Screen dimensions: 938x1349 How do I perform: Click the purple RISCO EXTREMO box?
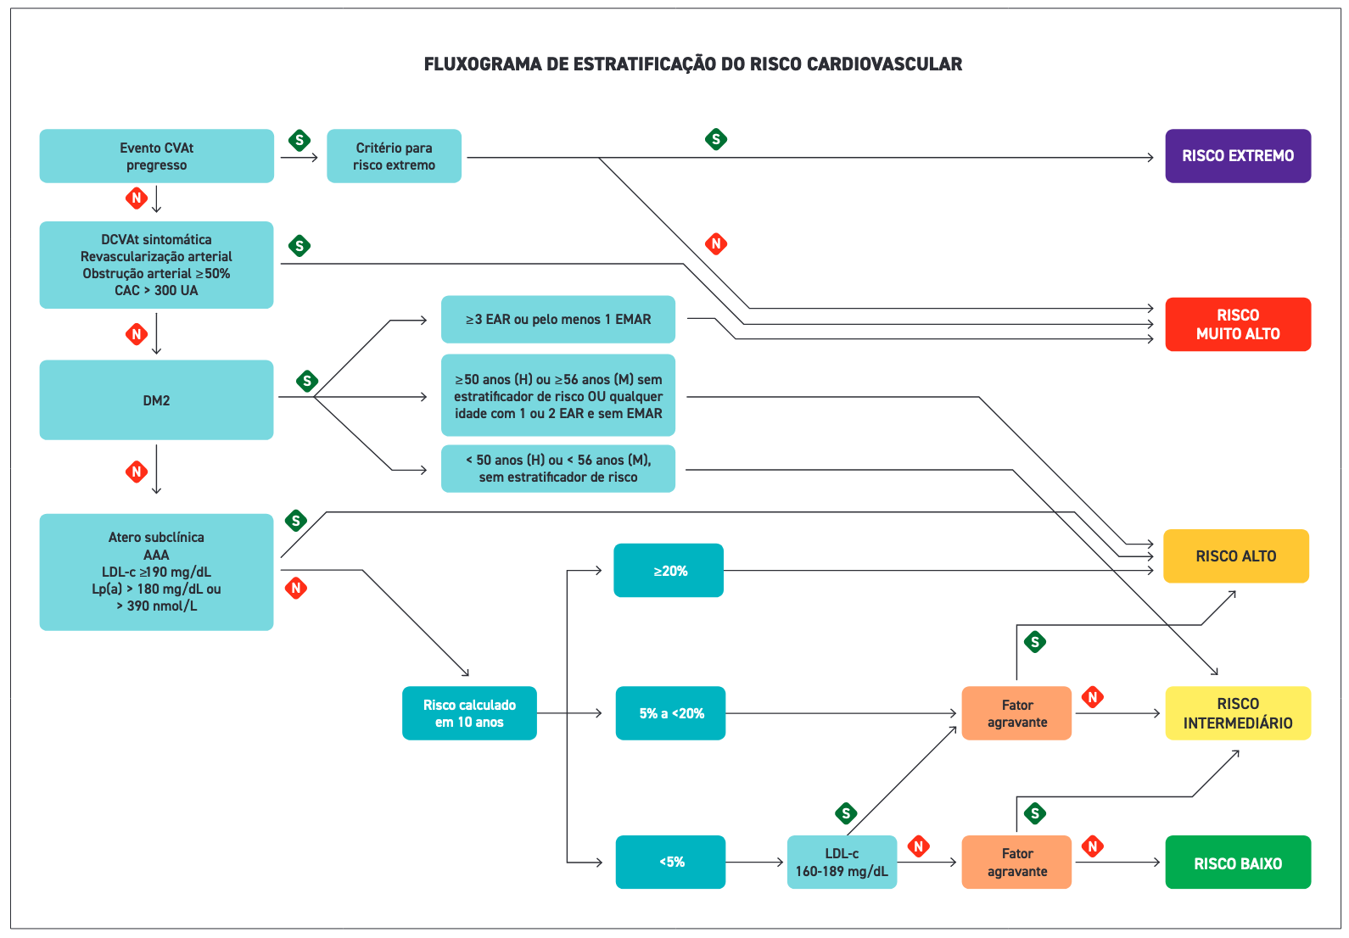(x=1238, y=156)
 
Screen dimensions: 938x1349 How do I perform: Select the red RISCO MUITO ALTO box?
(x=1238, y=324)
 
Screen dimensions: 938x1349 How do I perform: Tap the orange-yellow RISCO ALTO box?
(x=1235, y=556)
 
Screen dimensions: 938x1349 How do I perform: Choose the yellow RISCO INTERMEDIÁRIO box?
(x=1238, y=713)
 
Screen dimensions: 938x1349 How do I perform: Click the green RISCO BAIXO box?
(x=1238, y=863)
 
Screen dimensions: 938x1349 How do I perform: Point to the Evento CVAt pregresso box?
(x=156, y=156)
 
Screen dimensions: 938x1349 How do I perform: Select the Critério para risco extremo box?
(x=394, y=156)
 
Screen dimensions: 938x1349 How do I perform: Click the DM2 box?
(x=156, y=400)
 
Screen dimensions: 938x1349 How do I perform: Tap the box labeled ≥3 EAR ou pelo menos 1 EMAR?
(x=558, y=320)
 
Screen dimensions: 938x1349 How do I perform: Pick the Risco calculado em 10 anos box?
(x=469, y=713)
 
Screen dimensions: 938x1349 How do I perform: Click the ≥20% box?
(x=669, y=571)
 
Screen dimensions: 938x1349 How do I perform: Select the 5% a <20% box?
(x=670, y=713)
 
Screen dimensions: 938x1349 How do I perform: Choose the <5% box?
(x=670, y=863)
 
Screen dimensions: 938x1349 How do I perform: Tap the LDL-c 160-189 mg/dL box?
(x=842, y=863)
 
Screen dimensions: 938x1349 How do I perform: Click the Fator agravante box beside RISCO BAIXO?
(x=1016, y=863)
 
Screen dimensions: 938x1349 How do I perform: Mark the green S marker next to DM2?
(x=307, y=381)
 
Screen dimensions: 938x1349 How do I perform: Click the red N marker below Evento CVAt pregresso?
(x=136, y=198)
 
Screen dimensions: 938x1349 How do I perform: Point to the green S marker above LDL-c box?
(x=846, y=813)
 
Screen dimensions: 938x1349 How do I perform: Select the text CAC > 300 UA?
(x=156, y=291)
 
